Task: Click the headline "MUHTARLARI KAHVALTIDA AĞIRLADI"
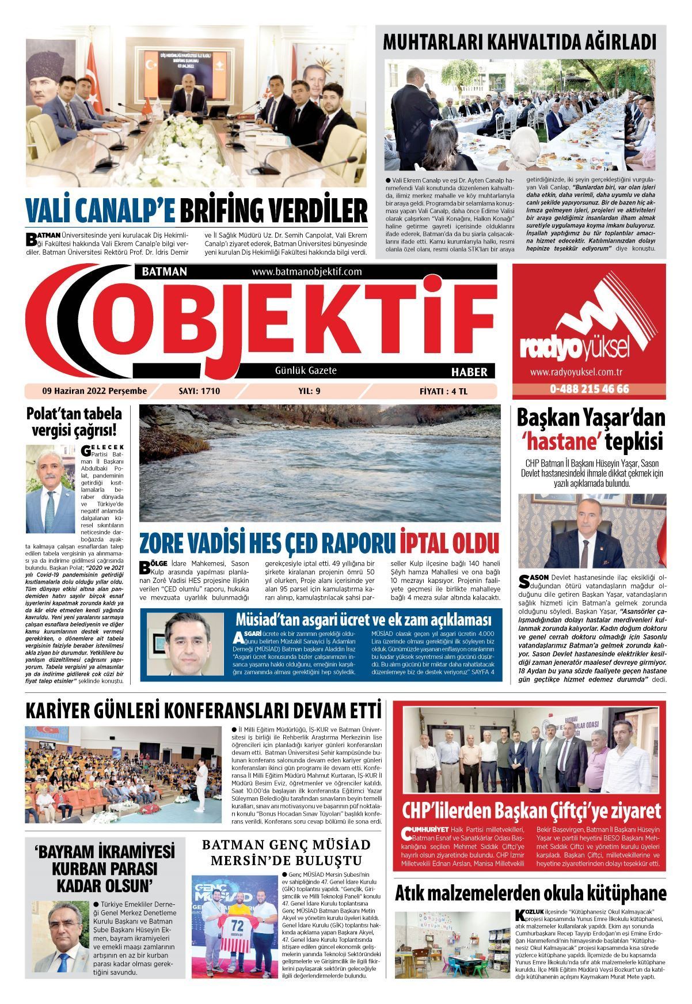coord(520,42)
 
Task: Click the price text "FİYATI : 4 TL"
coord(444,391)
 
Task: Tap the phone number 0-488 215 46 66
coord(590,389)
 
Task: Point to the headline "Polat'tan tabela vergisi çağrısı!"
coord(74,422)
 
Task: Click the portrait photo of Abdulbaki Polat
coord(50,489)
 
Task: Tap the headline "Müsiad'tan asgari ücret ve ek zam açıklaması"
coord(363,620)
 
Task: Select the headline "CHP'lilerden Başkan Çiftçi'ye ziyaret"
coord(531,811)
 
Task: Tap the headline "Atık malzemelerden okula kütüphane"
coord(530,894)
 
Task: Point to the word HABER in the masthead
coord(469,372)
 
